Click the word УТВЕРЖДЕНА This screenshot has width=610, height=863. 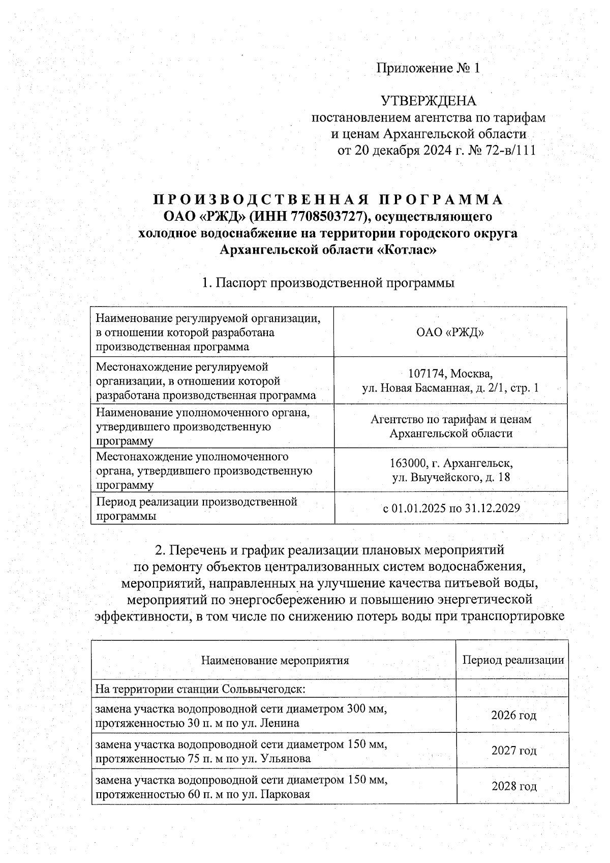coord(429,101)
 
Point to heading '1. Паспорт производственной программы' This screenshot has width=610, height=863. coord(328,283)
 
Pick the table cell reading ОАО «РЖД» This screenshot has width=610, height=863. coord(450,333)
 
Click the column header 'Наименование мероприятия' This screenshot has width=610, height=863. coord(275,661)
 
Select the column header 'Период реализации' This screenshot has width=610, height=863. coord(513,660)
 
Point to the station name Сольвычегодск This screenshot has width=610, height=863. coord(262,690)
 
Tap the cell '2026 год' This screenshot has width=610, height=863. coord(513,716)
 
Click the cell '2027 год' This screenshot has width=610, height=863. coord(513,751)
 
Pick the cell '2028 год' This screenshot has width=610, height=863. coord(513,786)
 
